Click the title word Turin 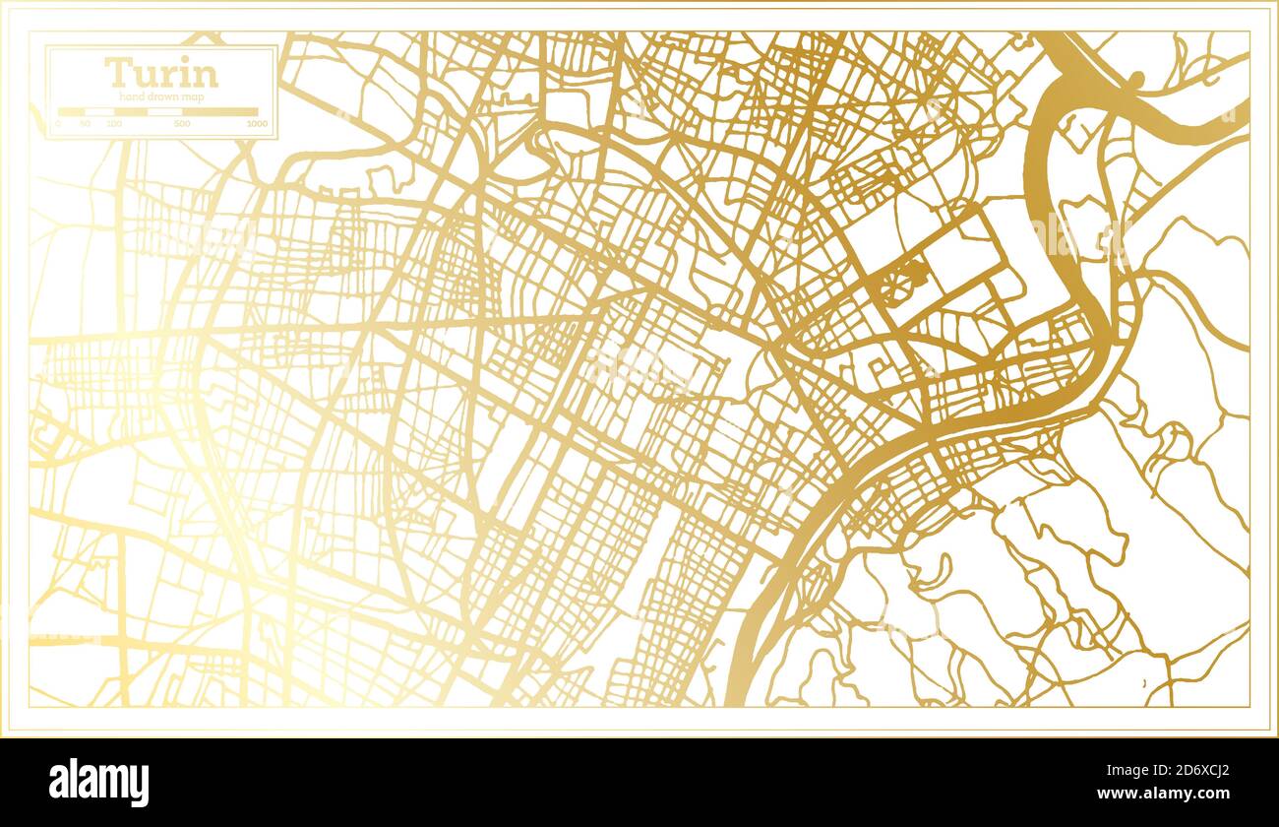pyautogui.click(x=161, y=73)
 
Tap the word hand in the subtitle pyautogui.click(x=132, y=96)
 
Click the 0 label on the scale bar pyautogui.click(x=58, y=124)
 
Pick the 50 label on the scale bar pyautogui.click(x=86, y=124)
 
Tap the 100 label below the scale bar pyautogui.click(x=114, y=124)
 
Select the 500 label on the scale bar pyautogui.click(x=182, y=124)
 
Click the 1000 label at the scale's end pyautogui.click(x=257, y=124)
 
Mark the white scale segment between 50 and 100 pyautogui.click(x=99, y=112)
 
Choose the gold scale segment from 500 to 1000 pyautogui.click(x=220, y=112)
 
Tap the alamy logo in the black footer pyautogui.click(x=99, y=783)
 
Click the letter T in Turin pyautogui.click(x=117, y=73)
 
